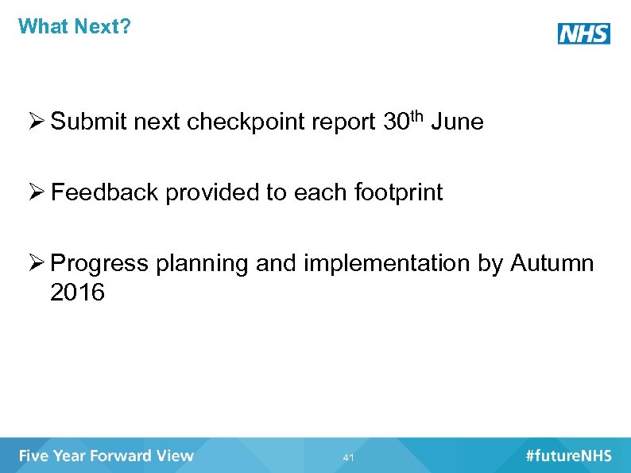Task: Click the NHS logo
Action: (583, 33)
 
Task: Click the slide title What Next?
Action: (74, 26)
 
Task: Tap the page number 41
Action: (348, 458)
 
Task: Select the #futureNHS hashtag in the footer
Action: (568, 456)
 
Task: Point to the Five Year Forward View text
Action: (106, 456)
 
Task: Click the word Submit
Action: (88, 122)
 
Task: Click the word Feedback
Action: (104, 192)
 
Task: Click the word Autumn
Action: (552, 263)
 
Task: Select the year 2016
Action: (77, 293)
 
